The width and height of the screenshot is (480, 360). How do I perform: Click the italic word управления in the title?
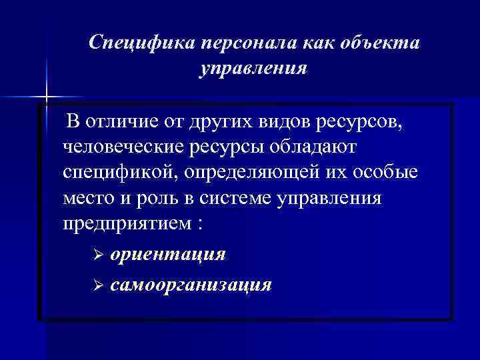click(x=253, y=69)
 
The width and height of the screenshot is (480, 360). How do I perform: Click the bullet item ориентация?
click(x=167, y=255)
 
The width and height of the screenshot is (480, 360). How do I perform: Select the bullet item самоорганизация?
click(x=191, y=285)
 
